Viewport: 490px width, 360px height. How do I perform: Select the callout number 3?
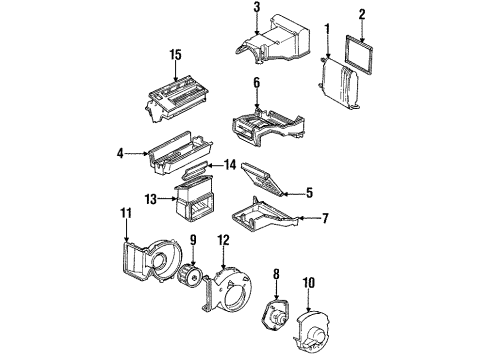pyautogui.click(x=256, y=9)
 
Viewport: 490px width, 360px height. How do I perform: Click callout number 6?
pyautogui.click(x=256, y=82)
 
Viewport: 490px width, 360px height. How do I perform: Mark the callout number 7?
pyautogui.click(x=321, y=218)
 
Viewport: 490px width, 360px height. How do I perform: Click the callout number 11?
pyautogui.click(x=126, y=213)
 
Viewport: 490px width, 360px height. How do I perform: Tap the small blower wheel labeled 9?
pyautogui.click(x=190, y=274)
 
